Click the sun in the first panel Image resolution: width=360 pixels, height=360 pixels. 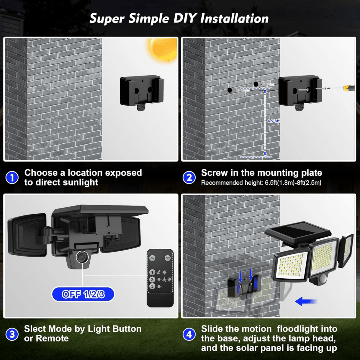pos(163,48)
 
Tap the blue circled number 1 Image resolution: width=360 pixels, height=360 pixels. pos(12,178)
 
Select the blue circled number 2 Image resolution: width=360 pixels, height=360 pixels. pos(189,178)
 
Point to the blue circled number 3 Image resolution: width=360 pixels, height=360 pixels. pos(12,334)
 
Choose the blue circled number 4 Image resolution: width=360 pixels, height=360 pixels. pos(189,334)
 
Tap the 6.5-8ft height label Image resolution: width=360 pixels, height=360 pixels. pos(273,121)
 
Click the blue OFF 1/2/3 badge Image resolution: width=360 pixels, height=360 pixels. pos(83,294)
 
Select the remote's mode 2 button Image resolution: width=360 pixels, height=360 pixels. pos(152,279)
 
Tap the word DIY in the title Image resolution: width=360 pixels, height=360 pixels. pos(185,19)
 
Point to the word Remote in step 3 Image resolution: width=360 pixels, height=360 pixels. pos(52,338)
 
